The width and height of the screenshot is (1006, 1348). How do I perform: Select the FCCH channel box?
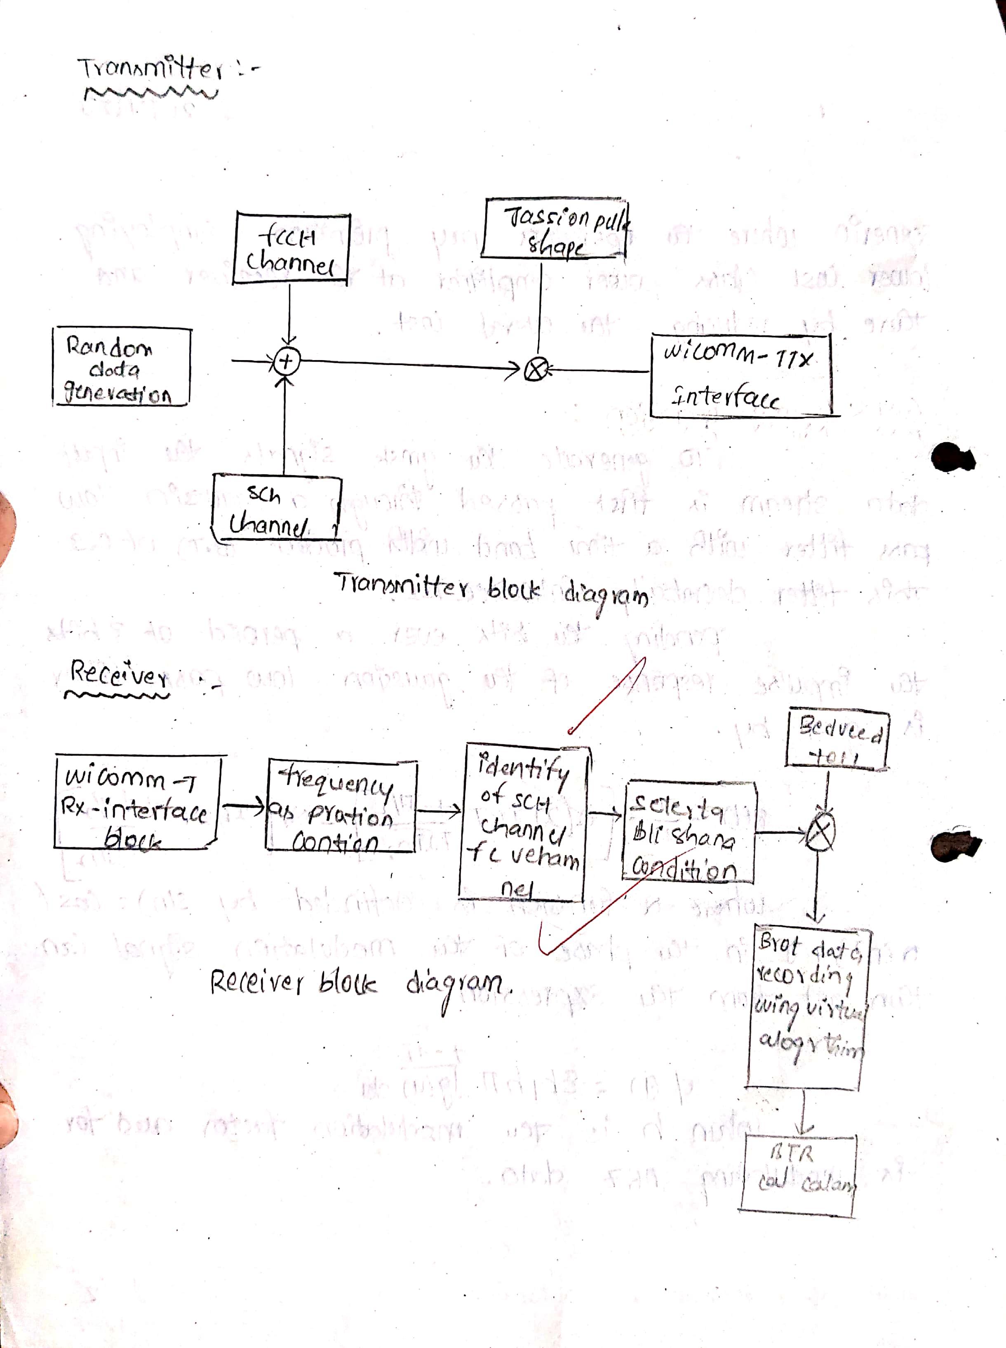click(x=291, y=249)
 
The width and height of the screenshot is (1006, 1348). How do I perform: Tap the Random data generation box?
click(x=121, y=367)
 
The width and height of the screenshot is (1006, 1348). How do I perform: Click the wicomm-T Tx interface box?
click(x=740, y=375)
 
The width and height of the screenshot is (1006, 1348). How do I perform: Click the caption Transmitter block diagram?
click(x=491, y=589)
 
